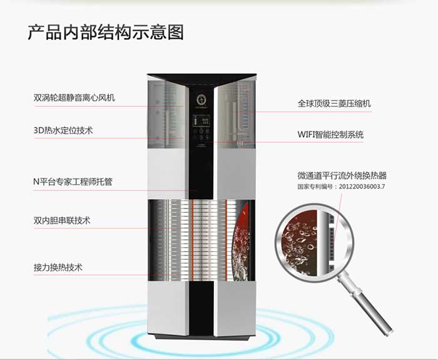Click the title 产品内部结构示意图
tap(106, 33)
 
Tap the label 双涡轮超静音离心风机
tap(74, 98)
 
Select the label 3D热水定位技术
tap(63, 130)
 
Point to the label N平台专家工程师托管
tap(73, 182)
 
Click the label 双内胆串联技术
tap(62, 220)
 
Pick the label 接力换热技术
tap(58, 267)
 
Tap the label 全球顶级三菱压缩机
tap(334, 104)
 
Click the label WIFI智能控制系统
tap(330, 135)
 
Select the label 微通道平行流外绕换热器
tap(342, 175)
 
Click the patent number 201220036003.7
tap(362, 187)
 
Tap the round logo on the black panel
tap(201, 100)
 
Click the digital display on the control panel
tap(201, 121)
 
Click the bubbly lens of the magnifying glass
tap(313, 242)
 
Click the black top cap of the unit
tap(201, 78)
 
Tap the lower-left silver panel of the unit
tap(167, 307)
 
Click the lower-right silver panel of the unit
tap(237, 307)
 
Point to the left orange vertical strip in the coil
tap(193, 240)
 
